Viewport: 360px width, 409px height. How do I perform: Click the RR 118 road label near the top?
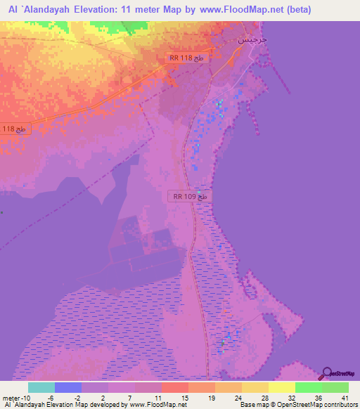click(186, 58)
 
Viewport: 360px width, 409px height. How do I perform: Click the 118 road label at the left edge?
click(14, 129)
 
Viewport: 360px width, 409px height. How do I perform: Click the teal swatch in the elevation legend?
click(41, 387)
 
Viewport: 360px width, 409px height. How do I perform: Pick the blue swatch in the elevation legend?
click(68, 387)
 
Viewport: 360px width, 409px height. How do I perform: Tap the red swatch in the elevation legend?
click(175, 387)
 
